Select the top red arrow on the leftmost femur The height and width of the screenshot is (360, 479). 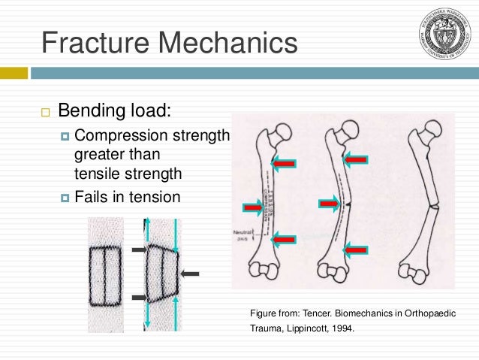(x=284, y=162)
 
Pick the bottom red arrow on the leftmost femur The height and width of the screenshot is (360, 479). (x=284, y=239)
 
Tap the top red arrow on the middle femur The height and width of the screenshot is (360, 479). (x=355, y=159)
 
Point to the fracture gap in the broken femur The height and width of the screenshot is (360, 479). (x=432, y=204)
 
